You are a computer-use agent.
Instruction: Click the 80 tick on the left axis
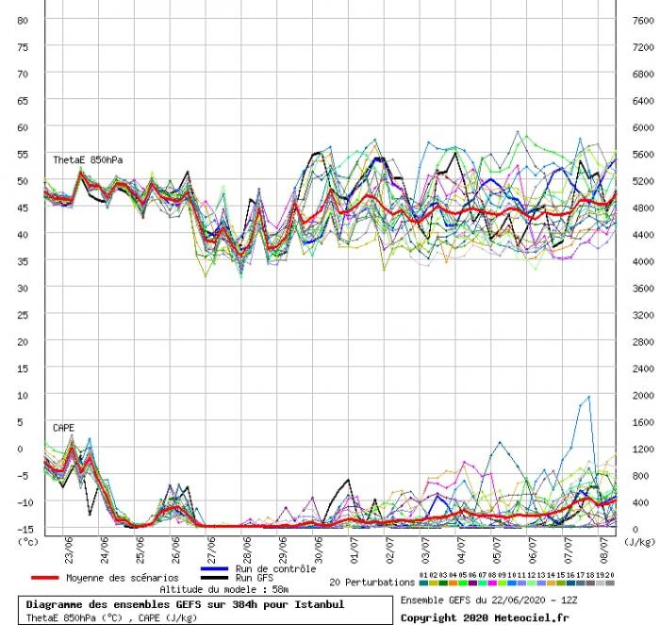(x=24, y=19)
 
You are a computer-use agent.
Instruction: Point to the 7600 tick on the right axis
(x=642, y=19)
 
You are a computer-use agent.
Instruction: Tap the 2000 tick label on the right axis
(x=642, y=395)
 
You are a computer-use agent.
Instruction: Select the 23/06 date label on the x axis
(x=70, y=548)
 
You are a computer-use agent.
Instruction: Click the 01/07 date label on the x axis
(x=354, y=548)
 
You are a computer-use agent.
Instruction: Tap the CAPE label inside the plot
(x=64, y=427)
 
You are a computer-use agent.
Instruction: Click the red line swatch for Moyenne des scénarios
(x=44, y=577)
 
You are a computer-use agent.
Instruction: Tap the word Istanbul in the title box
(x=316, y=604)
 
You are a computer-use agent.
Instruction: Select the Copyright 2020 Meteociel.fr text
(x=485, y=617)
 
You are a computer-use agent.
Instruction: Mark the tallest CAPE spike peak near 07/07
(x=589, y=397)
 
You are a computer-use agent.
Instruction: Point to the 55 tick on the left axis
(x=24, y=153)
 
